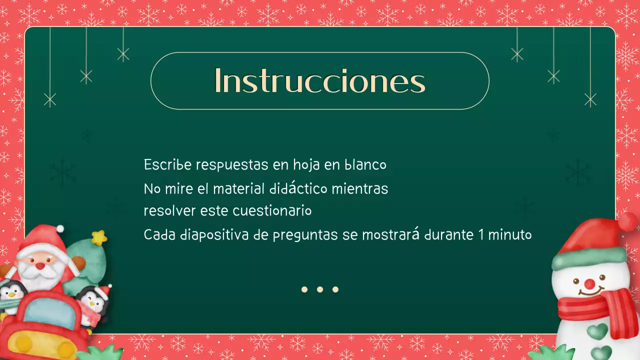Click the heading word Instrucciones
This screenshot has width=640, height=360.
pos(319,80)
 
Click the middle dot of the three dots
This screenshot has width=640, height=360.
pos(320,289)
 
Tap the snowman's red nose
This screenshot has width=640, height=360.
pos(590,284)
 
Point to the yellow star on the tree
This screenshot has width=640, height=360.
pos(99,237)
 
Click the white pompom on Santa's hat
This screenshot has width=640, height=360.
pos(60,228)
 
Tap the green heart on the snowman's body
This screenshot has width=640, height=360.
pos(597,330)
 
